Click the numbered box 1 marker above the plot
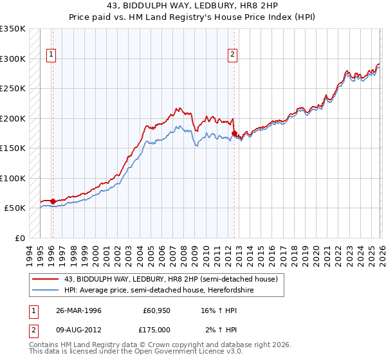click(50, 55)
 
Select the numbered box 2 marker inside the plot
click(232, 55)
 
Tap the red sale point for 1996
click(53, 201)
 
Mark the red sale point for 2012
click(234, 133)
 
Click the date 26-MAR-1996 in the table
click(78, 310)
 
